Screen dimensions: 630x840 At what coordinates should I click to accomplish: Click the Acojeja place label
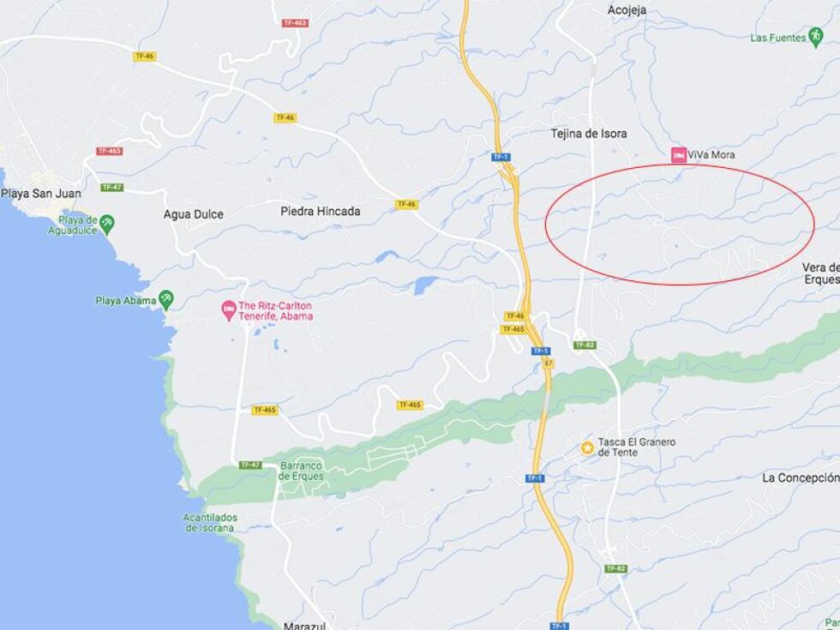[626, 10]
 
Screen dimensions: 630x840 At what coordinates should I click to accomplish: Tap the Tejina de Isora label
[588, 134]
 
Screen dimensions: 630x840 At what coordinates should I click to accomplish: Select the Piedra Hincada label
[321, 211]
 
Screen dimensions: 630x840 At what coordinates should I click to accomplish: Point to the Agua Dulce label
[194, 214]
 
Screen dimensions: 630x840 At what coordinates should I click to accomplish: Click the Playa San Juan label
[41, 194]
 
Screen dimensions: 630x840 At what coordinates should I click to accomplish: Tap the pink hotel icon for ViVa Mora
[678, 154]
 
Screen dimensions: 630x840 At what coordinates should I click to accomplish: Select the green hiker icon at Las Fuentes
[814, 37]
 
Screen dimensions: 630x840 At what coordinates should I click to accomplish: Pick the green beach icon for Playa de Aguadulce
[107, 223]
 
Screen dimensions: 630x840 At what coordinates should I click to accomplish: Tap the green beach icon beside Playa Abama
[165, 299]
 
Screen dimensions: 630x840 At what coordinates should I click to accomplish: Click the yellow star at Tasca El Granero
[587, 447]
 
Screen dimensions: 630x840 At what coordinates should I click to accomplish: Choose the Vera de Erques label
[820, 273]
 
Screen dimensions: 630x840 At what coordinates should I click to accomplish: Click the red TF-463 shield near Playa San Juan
[109, 152]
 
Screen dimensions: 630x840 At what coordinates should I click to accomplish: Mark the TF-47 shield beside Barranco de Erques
[249, 465]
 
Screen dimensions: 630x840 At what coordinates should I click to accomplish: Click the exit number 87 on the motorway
[548, 363]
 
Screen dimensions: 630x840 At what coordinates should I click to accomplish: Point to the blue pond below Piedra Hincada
[425, 285]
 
